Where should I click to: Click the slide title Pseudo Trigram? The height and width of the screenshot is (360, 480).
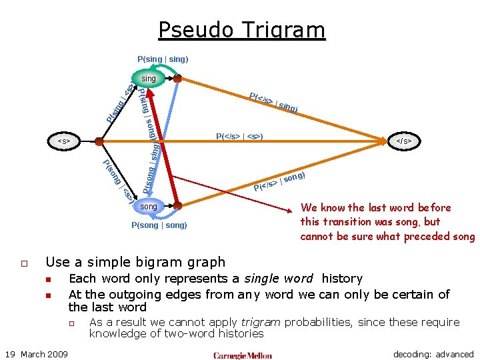click(241, 30)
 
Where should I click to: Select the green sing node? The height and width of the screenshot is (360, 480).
click(148, 79)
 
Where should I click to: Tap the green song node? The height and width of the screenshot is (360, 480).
click(148, 207)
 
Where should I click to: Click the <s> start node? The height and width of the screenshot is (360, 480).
click(65, 141)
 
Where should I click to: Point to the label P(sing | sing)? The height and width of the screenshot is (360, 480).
click(163, 59)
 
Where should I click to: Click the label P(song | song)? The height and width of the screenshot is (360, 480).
click(159, 225)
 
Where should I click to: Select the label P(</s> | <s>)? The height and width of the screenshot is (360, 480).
click(239, 137)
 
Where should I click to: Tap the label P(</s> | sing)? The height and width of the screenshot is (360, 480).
click(273, 102)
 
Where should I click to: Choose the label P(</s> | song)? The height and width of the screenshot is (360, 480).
click(279, 181)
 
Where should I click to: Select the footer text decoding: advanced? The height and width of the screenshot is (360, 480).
click(433, 354)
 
